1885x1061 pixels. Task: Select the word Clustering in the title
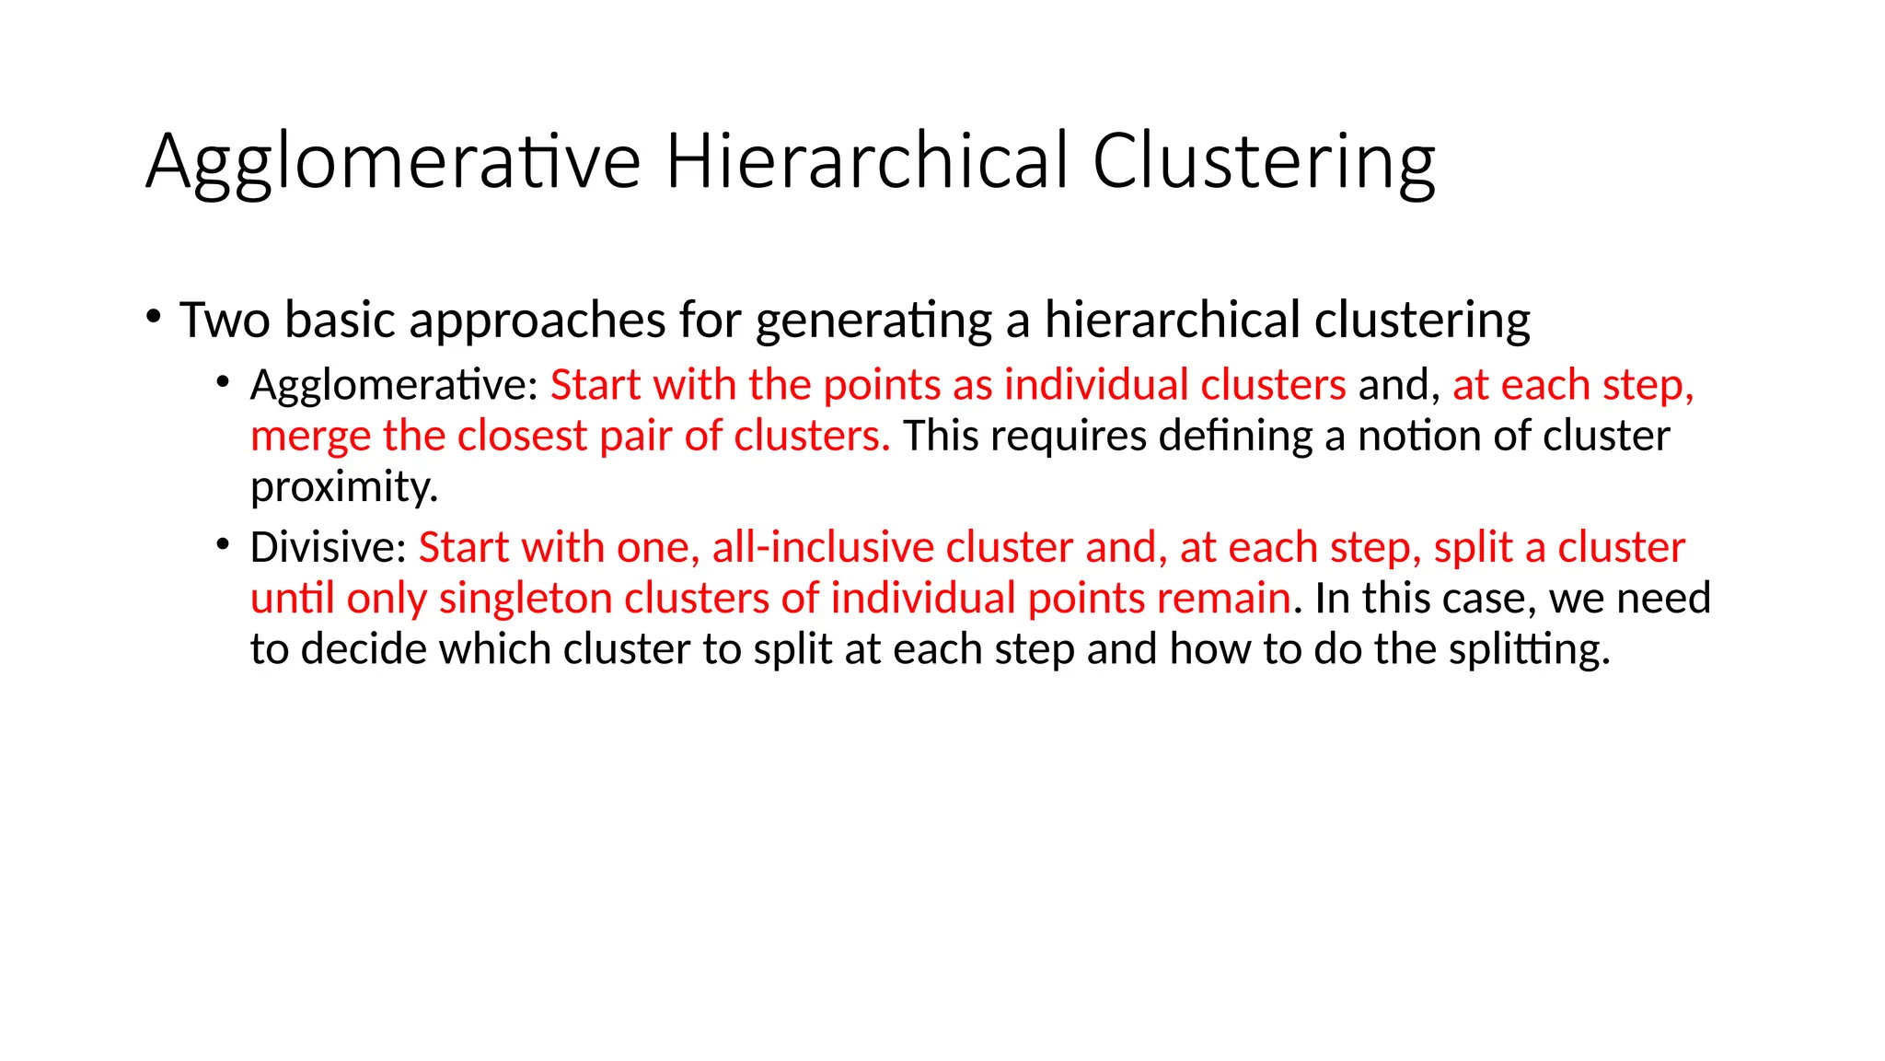[x=1263, y=163]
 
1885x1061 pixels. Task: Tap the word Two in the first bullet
[x=225, y=320]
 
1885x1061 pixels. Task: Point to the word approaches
[x=538, y=321]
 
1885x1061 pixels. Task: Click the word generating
[x=873, y=321]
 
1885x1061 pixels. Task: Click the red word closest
[x=522, y=435]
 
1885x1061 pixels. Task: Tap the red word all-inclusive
[x=823, y=547]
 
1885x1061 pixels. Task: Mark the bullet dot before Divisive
[x=223, y=544]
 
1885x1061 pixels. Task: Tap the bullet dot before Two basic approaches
[x=153, y=317]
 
